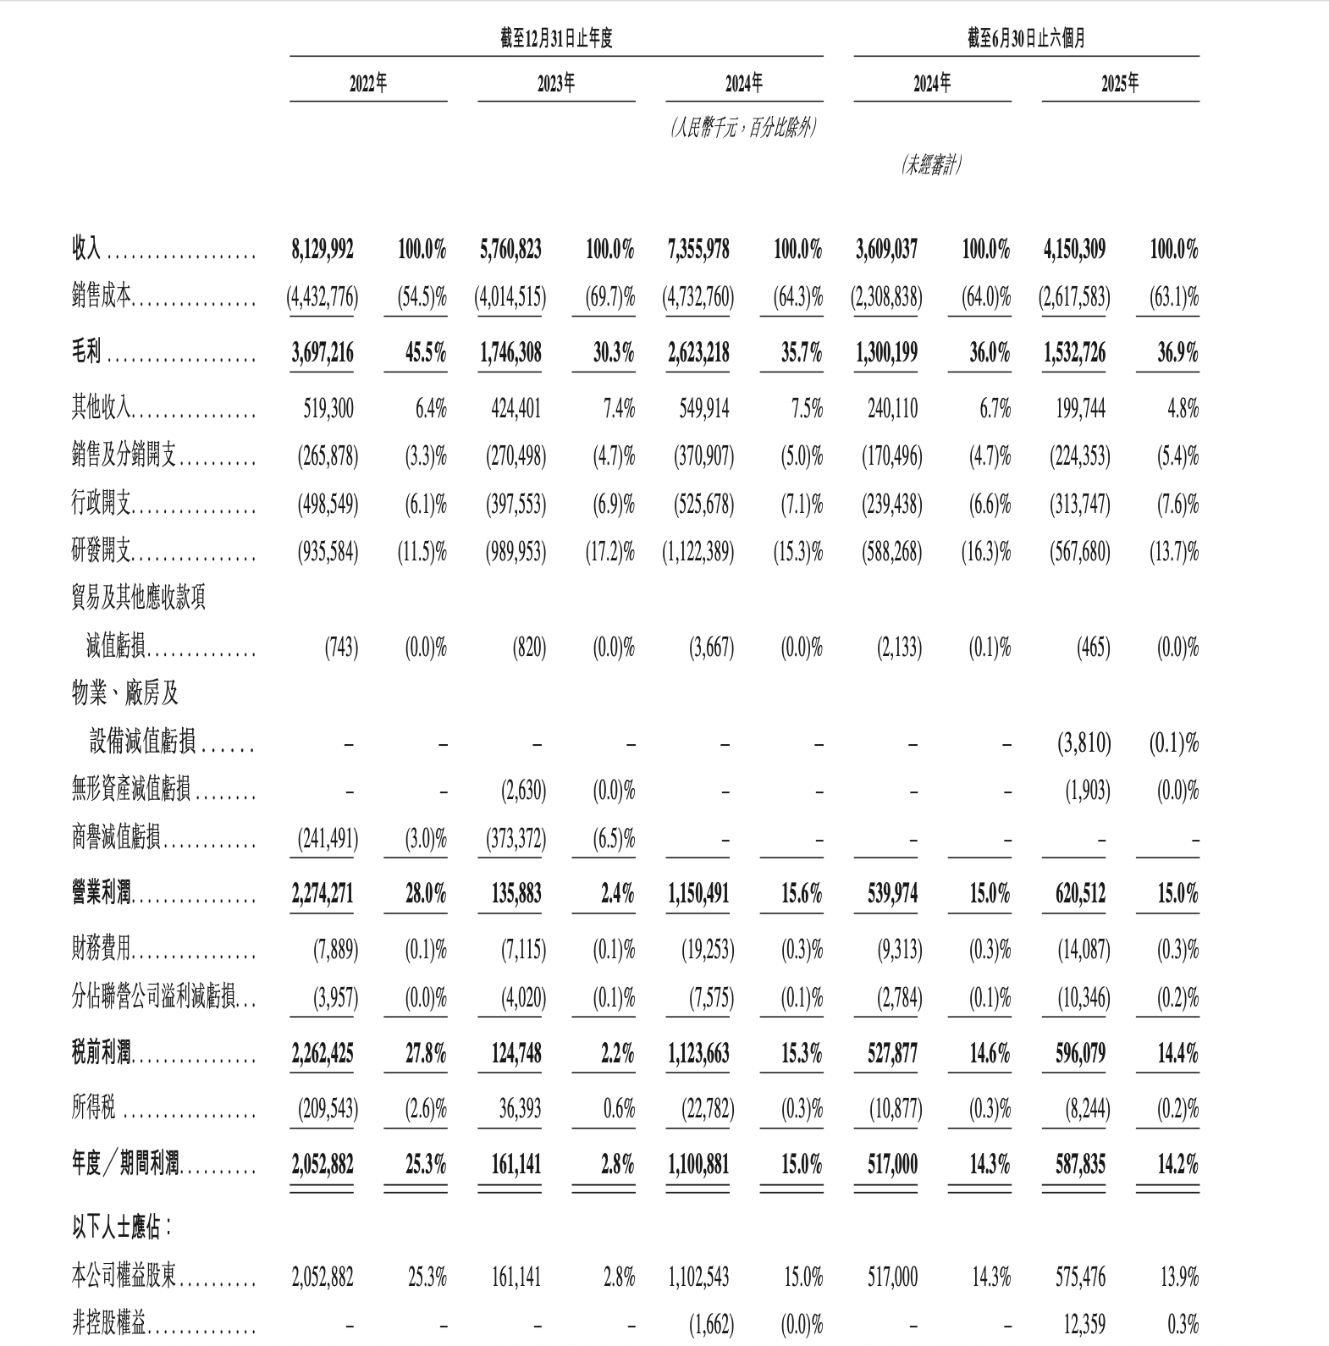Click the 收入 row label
(85, 249)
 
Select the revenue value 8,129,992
(323, 249)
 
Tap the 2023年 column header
(556, 83)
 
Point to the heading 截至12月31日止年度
(556, 38)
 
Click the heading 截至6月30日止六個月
(1026, 38)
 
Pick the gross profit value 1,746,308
(510, 352)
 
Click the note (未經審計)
(931, 164)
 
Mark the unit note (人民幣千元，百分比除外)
(744, 129)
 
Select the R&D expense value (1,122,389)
(698, 553)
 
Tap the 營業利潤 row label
(102, 893)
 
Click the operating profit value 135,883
(516, 893)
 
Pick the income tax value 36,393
(520, 1108)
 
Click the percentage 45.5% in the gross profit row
(425, 352)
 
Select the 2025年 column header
(1120, 83)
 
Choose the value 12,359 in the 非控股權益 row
(1084, 1324)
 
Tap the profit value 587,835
(1080, 1165)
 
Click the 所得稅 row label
(93, 1108)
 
